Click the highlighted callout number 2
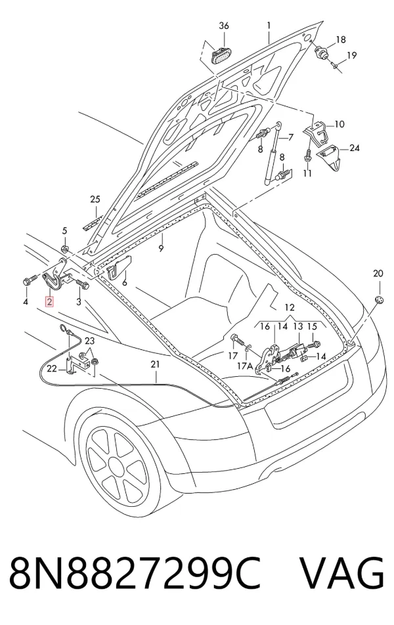coord(49,302)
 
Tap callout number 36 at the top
coord(224,26)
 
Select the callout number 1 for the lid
coord(269,26)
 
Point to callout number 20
coord(378,273)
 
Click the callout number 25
coord(95,200)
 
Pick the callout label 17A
coord(244,366)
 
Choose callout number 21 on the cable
coord(155,364)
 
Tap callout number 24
coord(355,148)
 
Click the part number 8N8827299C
coord(135,572)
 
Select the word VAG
coord(343,572)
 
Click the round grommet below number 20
coord(379,300)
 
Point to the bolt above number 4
coord(29,280)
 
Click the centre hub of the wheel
coord(116,465)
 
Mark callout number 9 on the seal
coord(161,248)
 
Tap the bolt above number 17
coord(236,339)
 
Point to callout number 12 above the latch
coord(290,307)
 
